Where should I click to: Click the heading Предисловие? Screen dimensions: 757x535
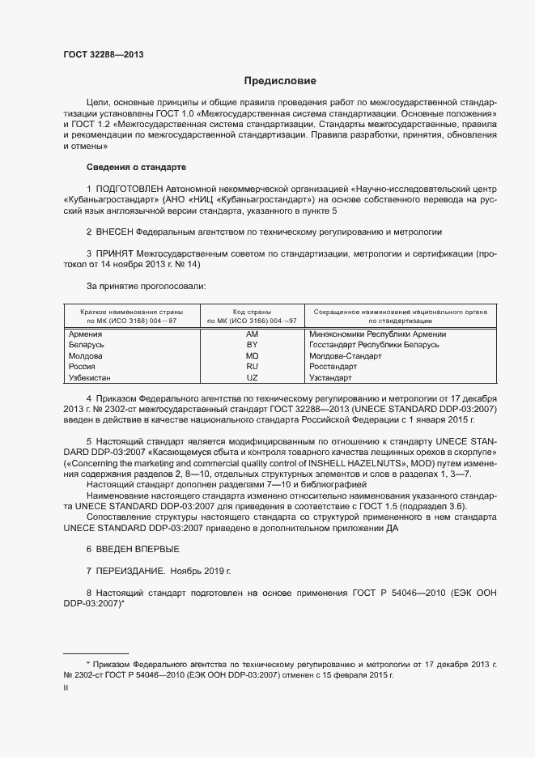[280, 81]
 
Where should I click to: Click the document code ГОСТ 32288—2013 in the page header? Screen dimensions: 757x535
[104, 54]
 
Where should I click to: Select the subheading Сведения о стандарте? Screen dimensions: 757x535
[136, 167]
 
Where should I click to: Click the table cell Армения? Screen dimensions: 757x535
[85, 334]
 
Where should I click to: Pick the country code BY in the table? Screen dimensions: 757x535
[252, 345]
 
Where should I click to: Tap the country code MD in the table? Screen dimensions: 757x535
[252, 355]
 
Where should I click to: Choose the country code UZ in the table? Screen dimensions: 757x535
[252, 377]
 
